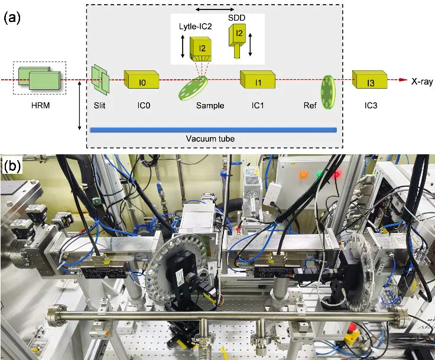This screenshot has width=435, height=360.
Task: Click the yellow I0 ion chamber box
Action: [x=141, y=79]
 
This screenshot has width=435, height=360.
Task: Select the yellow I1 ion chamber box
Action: [x=258, y=79]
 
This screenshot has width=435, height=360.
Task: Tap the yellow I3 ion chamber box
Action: [x=370, y=79]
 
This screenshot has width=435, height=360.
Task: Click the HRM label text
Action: [x=41, y=105]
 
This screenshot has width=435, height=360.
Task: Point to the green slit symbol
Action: [x=100, y=79]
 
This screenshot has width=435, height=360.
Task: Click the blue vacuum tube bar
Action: [x=213, y=130]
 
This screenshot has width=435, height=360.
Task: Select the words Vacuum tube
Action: [x=210, y=138]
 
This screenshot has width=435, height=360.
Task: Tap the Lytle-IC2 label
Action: [x=195, y=27]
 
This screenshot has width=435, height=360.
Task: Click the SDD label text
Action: [x=236, y=18]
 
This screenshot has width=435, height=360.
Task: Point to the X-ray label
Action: [x=422, y=82]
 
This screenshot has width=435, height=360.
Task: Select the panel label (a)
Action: [x=12, y=18]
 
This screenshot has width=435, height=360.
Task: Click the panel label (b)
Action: [x=12, y=166]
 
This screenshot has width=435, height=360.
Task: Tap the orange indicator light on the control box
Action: [x=303, y=174]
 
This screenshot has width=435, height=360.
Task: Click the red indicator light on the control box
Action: [x=337, y=174]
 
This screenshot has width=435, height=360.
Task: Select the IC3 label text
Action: [x=371, y=105]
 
